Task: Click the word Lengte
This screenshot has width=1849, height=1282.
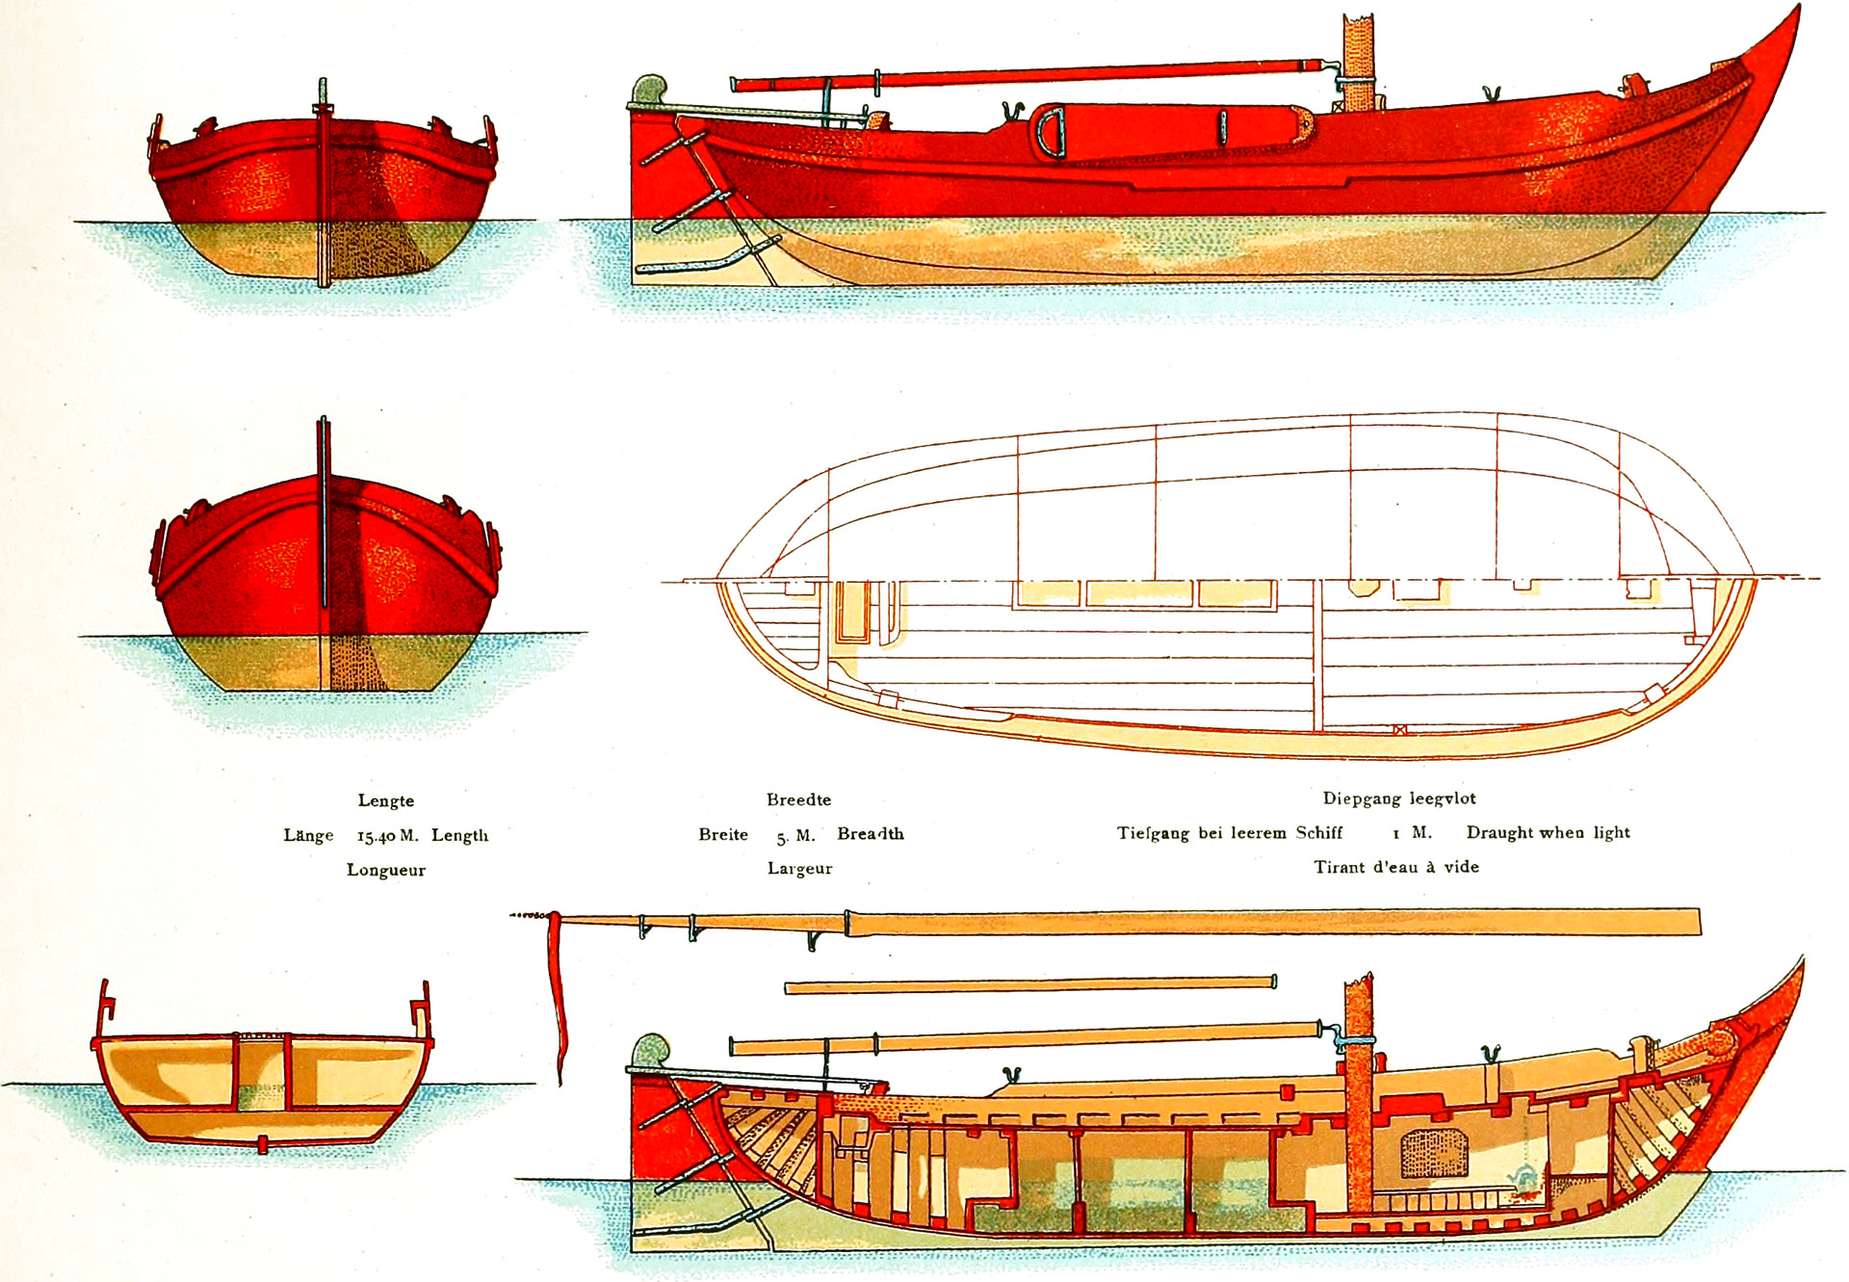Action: pyautogui.click(x=386, y=800)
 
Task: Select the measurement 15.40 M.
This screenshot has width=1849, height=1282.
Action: pyautogui.click(x=387, y=835)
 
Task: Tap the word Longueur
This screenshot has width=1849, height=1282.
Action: pyautogui.click(x=386, y=870)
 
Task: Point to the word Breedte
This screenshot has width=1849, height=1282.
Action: pyautogui.click(x=798, y=799)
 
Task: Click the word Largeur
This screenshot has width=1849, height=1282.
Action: pyautogui.click(x=799, y=868)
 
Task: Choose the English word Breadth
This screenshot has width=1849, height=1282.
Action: pyautogui.click(x=871, y=833)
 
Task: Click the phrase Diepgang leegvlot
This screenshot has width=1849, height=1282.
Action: pyautogui.click(x=1398, y=798)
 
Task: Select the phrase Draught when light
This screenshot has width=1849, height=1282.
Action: pyautogui.click(x=1548, y=832)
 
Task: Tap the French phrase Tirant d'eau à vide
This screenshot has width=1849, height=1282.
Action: pyautogui.click(x=1396, y=867)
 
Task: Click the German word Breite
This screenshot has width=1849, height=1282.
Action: pyautogui.click(x=723, y=834)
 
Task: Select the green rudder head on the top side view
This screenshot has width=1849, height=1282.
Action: pyautogui.click(x=649, y=90)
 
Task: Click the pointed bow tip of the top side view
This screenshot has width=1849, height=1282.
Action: pyautogui.click(x=1794, y=14)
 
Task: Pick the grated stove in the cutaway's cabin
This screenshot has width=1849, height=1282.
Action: pyautogui.click(x=1433, y=1153)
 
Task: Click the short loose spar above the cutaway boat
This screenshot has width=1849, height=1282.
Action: pyautogui.click(x=1030, y=984)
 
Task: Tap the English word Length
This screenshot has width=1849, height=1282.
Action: pyautogui.click(x=459, y=835)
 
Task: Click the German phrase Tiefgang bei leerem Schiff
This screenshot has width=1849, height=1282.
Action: pyautogui.click(x=1229, y=833)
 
